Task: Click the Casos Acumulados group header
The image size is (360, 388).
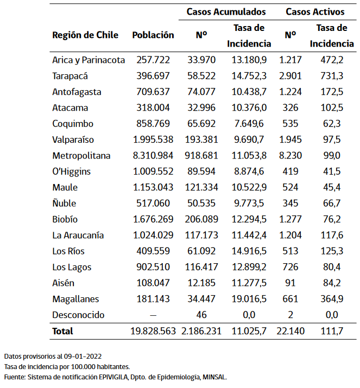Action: coord(226,11)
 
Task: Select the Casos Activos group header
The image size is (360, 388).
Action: coord(315,11)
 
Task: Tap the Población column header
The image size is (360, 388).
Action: coord(153,35)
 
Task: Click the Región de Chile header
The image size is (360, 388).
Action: coord(85,35)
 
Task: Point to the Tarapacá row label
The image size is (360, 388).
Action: coord(70,76)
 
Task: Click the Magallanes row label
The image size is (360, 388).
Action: coord(75,299)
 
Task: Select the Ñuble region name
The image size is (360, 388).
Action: coord(64,203)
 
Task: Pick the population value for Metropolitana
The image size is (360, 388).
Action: coord(153,156)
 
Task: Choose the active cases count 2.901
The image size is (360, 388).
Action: coord(290,76)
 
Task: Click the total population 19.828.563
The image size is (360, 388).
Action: coord(153,331)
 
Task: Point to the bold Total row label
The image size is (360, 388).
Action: coord(62,331)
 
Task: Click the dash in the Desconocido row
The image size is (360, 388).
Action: coord(153,315)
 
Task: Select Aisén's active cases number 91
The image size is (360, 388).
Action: coord(290,283)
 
